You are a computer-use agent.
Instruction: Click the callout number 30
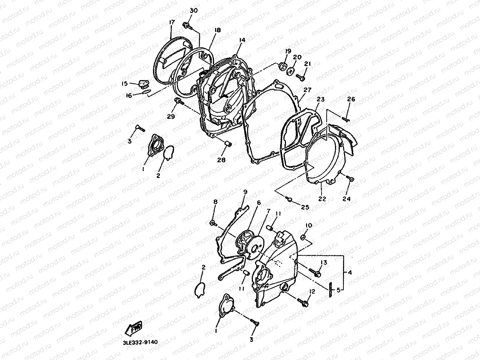click(194, 11)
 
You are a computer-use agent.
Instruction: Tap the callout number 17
click(172, 23)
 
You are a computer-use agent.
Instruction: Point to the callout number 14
click(242, 40)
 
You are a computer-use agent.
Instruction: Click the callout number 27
click(308, 90)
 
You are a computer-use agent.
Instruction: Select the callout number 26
click(351, 99)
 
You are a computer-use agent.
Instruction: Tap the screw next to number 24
click(350, 178)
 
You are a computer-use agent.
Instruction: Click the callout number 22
click(322, 199)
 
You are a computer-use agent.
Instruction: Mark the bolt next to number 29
click(178, 102)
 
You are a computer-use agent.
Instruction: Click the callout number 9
click(245, 191)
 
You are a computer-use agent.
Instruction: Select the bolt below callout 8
click(213, 222)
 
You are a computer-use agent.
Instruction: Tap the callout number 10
click(309, 226)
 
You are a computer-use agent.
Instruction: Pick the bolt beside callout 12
click(303, 301)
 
